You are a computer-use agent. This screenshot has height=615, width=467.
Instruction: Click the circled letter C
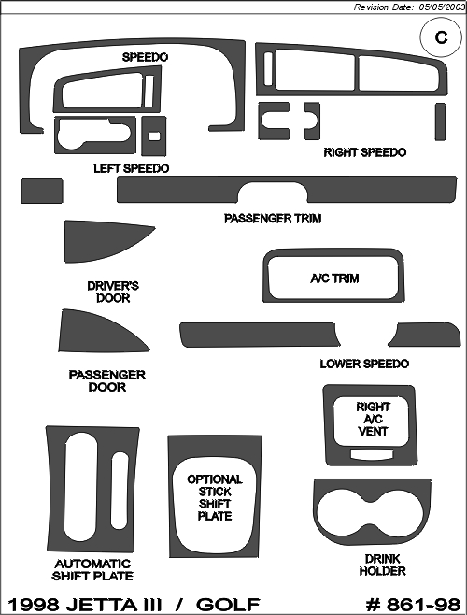click(441, 37)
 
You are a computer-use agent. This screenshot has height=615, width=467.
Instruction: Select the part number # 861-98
click(413, 605)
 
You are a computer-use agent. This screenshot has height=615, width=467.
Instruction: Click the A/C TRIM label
click(334, 279)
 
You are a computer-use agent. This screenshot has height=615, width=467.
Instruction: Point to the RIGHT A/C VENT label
click(373, 420)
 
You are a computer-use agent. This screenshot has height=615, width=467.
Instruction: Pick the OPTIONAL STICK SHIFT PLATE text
click(215, 498)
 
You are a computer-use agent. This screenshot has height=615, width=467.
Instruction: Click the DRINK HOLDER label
click(382, 565)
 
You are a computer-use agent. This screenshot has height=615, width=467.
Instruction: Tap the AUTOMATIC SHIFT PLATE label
click(92, 569)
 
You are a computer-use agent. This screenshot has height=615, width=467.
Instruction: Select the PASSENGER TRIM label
click(273, 219)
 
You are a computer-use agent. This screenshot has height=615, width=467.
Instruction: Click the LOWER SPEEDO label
click(364, 364)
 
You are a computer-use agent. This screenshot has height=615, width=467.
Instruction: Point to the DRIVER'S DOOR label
click(113, 292)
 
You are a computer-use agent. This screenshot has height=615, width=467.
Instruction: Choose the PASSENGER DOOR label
click(107, 380)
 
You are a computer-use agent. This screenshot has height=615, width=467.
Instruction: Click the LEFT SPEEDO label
click(132, 168)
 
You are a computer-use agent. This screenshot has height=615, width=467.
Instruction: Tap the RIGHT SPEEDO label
click(364, 152)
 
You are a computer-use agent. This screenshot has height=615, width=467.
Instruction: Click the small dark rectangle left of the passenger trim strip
click(42, 191)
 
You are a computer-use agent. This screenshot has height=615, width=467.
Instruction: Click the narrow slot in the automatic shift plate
click(120, 491)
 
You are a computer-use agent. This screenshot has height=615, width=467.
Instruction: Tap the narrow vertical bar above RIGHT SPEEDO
click(440, 122)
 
